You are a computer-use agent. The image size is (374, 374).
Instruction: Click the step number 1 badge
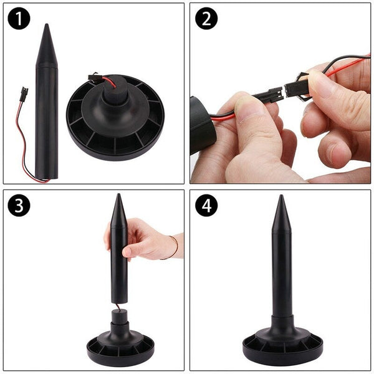(x=19, y=19)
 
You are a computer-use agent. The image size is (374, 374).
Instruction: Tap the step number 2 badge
(x=206, y=19)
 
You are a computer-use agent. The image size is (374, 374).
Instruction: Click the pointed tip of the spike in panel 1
(x=47, y=29)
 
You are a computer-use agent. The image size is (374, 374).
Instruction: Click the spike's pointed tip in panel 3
(x=118, y=198)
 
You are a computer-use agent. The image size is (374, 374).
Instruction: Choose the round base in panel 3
(x=120, y=349)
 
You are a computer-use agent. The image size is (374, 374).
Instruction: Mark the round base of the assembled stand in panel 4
(x=282, y=349)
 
